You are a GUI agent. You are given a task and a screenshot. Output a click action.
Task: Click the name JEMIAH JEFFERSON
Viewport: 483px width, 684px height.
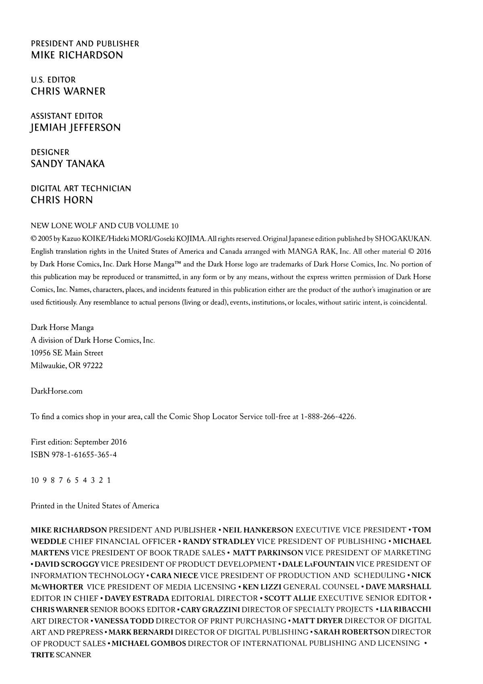coord(76,128)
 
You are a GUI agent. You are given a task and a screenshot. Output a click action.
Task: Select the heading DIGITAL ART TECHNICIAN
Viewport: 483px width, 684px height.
coord(81,189)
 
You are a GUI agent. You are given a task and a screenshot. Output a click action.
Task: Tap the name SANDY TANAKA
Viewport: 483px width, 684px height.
coord(68,164)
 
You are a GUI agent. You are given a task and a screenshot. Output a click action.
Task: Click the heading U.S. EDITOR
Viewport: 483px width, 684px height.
coord(53,80)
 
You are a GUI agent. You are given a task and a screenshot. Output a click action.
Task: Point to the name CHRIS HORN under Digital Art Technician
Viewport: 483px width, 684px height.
coord(62,200)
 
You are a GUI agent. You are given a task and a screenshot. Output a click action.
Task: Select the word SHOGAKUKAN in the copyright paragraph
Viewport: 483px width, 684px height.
coord(403,239)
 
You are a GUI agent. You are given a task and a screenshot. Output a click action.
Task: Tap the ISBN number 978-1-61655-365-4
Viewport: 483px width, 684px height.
coord(84,455)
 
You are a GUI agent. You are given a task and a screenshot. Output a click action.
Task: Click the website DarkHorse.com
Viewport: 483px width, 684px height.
coord(56,391)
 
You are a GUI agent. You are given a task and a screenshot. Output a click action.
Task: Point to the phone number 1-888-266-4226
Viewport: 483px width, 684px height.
coord(328,417)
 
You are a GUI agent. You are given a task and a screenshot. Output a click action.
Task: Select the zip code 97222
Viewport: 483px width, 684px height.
coord(93,366)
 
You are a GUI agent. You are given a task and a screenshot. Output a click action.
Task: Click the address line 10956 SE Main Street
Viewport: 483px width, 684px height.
coord(67,353)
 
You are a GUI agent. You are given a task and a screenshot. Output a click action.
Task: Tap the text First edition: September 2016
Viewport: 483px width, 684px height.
coord(78,442)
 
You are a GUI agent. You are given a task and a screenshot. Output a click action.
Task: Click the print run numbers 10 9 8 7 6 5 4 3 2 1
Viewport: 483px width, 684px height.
coord(70,480)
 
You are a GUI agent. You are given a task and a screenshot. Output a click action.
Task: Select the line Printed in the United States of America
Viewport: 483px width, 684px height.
coord(95,506)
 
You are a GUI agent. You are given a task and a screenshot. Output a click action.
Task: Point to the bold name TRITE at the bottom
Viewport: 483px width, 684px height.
coord(42,655)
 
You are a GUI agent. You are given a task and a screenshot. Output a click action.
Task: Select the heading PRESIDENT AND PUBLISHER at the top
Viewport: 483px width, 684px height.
coord(85,44)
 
